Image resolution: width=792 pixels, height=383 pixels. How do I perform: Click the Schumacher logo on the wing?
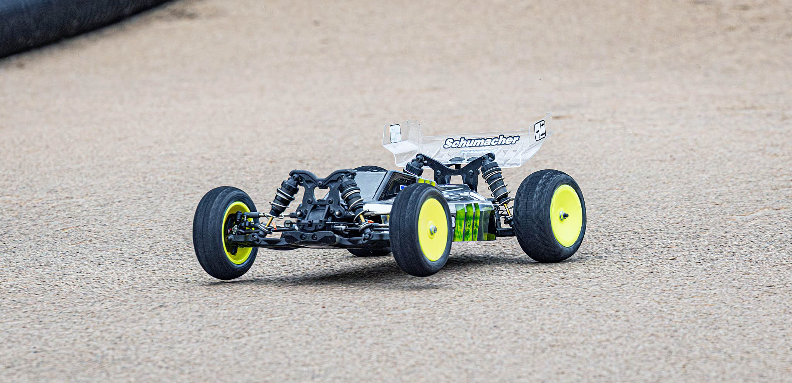(481, 142)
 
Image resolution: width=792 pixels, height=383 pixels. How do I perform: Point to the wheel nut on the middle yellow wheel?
(433, 230)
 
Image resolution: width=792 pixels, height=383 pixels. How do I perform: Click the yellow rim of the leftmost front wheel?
(236, 234)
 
